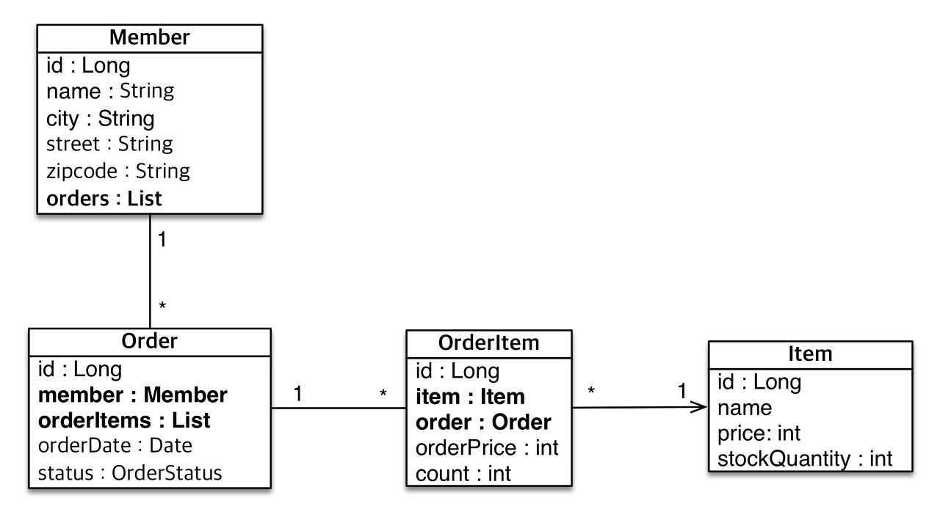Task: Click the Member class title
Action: (x=149, y=37)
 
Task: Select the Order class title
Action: (x=149, y=341)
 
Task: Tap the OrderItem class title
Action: (x=489, y=343)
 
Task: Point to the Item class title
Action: (x=810, y=354)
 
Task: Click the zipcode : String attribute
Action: (x=118, y=172)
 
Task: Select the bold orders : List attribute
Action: (x=104, y=199)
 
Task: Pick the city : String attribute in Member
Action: (x=101, y=119)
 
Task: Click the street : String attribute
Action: (x=109, y=144)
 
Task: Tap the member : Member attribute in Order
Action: (x=133, y=395)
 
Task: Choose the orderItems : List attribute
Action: (x=124, y=421)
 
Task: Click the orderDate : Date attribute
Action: (x=115, y=445)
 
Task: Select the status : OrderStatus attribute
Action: (x=130, y=473)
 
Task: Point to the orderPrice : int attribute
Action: (x=487, y=448)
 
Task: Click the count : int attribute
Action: (x=463, y=474)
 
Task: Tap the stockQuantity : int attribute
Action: (x=805, y=459)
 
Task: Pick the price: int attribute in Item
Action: (x=759, y=433)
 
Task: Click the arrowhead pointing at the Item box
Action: (x=700, y=407)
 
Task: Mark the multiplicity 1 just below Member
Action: (x=162, y=240)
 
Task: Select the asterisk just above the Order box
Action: (x=162, y=306)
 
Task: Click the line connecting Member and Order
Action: (x=150, y=271)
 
